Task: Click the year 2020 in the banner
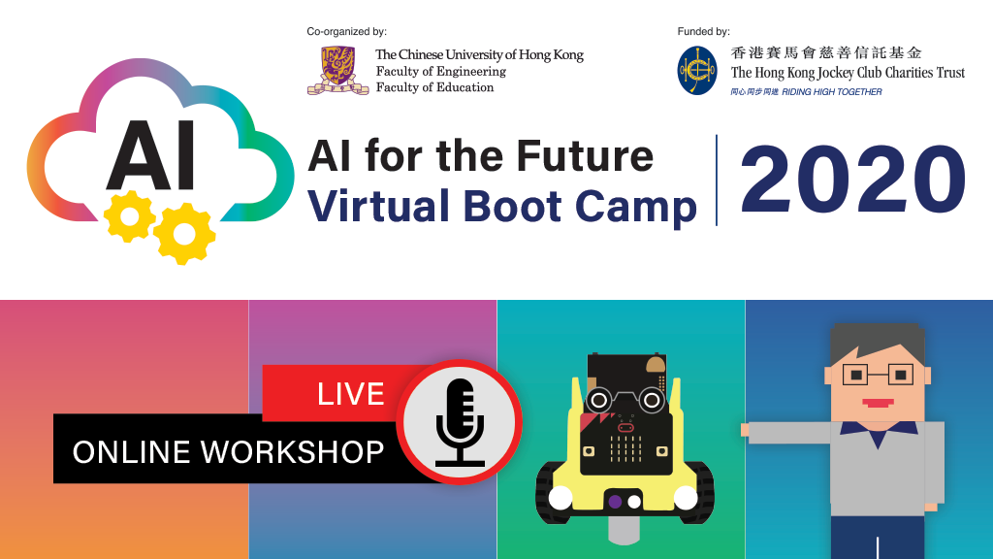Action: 852,180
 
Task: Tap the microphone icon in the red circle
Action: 461,422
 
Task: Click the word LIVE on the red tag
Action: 351,394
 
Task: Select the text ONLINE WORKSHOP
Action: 228,452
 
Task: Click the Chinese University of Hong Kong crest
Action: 338,70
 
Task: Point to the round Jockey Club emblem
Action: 697,70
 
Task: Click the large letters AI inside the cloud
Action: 150,156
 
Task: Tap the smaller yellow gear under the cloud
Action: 130,215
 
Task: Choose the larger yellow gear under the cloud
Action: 185,233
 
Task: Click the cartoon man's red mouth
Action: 878,403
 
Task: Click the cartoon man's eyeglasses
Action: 878,375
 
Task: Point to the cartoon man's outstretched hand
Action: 746,430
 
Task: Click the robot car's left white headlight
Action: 561,498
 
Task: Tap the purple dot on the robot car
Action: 615,502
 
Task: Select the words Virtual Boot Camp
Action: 502,207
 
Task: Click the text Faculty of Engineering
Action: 441,72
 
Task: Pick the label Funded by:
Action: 704,31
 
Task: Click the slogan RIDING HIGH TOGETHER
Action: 831,92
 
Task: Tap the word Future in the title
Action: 585,156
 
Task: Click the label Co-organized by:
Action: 346,31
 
